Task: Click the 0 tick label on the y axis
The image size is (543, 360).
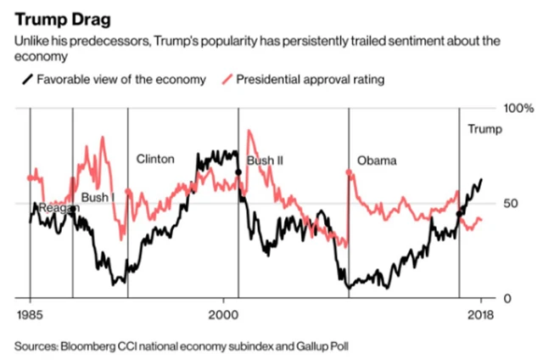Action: tap(507, 298)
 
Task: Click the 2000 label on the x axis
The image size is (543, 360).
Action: tap(223, 312)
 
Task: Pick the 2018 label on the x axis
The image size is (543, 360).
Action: tap(480, 312)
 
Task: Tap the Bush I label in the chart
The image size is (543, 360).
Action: tap(97, 198)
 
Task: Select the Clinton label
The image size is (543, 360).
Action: tap(155, 159)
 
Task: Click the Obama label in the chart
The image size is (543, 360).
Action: tap(376, 160)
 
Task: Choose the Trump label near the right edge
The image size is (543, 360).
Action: tap(485, 129)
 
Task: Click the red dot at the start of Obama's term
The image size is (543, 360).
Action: tap(349, 172)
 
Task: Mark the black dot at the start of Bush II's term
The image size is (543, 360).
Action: tap(238, 172)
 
